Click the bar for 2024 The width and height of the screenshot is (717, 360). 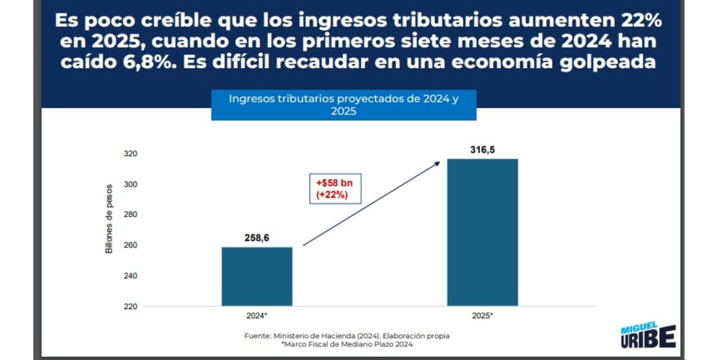pyautogui.click(x=257, y=277)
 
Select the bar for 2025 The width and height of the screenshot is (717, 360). pyautogui.click(x=482, y=232)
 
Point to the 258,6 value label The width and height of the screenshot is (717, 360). pyautogui.click(x=257, y=238)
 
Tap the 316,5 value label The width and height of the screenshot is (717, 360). pyautogui.click(x=482, y=149)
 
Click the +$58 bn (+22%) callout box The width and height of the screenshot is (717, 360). pyautogui.click(x=336, y=189)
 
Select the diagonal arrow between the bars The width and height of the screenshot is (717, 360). pyautogui.click(x=371, y=203)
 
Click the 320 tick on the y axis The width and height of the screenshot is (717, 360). pyautogui.click(x=130, y=154)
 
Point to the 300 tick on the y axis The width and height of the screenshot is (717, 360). pyautogui.click(x=130, y=185)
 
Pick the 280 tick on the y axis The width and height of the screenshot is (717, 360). pyautogui.click(x=130, y=215)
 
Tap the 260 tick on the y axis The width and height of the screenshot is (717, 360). pyautogui.click(x=130, y=246)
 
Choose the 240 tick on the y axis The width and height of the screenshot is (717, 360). pyautogui.click(x=130, y=277)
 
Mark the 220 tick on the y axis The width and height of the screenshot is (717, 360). pyautogui.click(x=130, y=307)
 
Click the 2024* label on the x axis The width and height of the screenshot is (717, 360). pyautogui.click(x=257, y=315)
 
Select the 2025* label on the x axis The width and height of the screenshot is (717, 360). pyautogui.click(x=482, y=315)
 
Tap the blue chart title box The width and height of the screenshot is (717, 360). pyautogui.click(x=343, y=105)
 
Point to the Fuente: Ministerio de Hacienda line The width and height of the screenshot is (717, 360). pyautogui.click(x=347, y=335)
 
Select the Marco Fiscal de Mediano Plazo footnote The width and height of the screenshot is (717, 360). pyautogui.click(x=347, y=344)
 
